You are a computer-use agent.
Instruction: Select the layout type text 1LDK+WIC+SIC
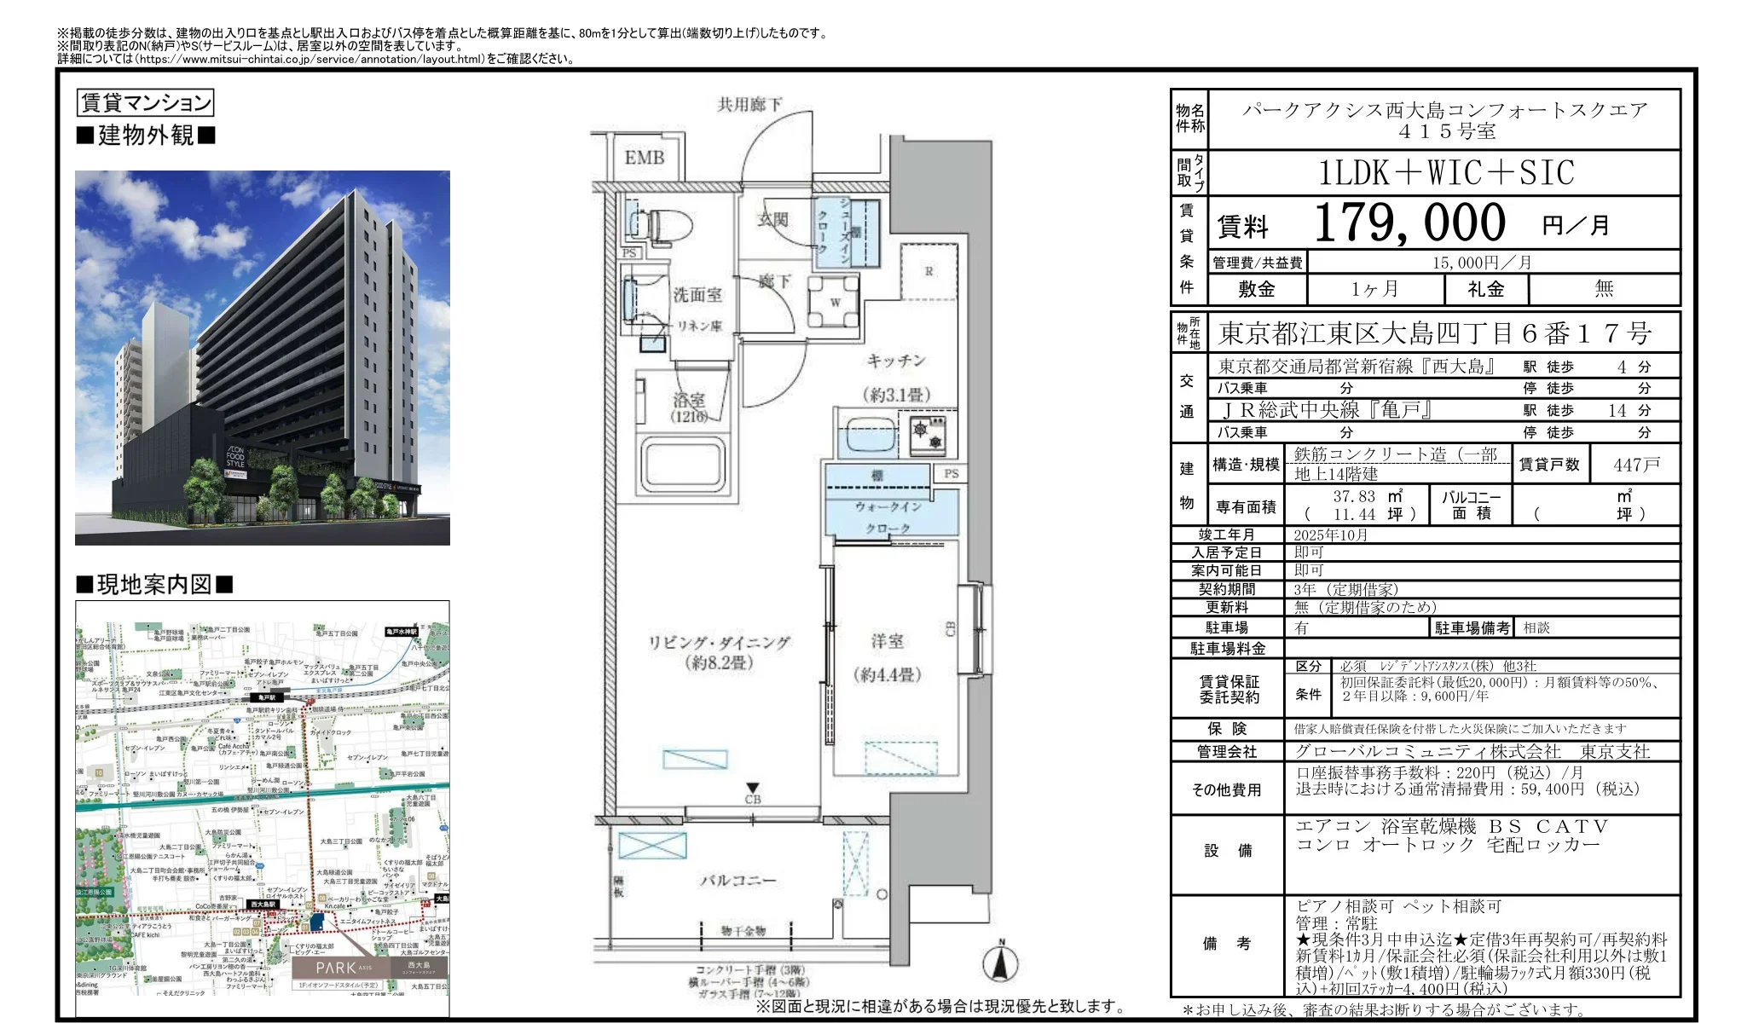click(x=1445, y=173)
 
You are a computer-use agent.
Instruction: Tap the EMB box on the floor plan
click(x=644, y=158)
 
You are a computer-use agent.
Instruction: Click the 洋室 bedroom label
click(x=887, y=641)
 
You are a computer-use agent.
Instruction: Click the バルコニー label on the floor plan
click(x=738, y=880)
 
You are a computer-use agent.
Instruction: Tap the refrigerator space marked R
click(x=929, y=271)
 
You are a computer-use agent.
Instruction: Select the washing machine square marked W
click(x=835, y=303)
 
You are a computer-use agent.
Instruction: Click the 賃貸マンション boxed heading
click(x=145, y=103)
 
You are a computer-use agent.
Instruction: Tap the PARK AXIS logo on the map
click(x=344, y=968)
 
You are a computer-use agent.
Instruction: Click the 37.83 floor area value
click(x=1354, y=496)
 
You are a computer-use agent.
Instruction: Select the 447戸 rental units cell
click(x=1635, y=465)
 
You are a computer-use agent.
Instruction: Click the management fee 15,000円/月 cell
click(x=1482, y=263)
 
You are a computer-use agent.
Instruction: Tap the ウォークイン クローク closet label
click(x=888, y=517)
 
